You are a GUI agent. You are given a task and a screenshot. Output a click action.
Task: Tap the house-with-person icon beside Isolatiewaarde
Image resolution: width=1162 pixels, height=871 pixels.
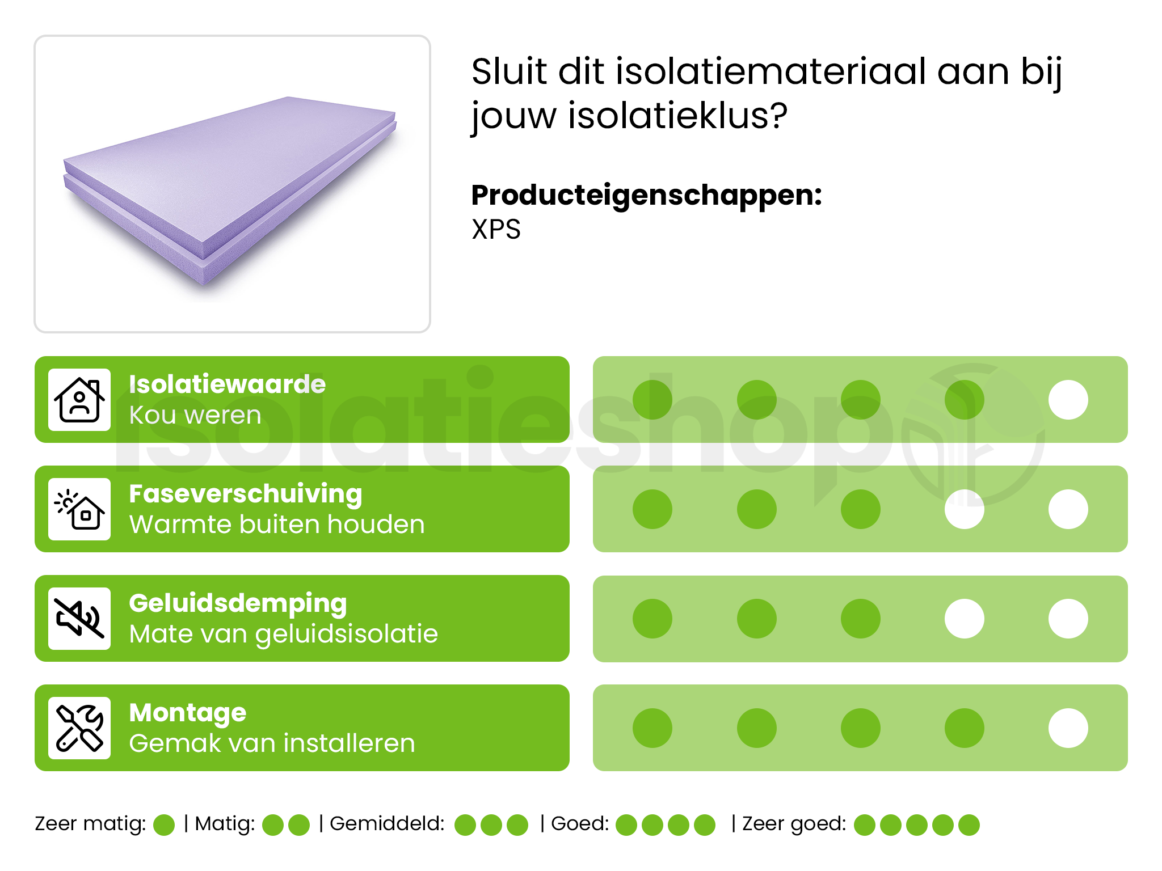click(79, 400)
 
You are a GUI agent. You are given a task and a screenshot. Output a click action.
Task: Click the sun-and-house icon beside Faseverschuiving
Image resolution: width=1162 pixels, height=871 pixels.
click(79, 509)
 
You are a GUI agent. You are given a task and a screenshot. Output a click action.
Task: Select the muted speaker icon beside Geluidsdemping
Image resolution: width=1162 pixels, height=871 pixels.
click(79, 619)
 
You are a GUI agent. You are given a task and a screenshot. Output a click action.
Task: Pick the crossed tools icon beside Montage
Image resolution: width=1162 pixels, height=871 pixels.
click(79, 728)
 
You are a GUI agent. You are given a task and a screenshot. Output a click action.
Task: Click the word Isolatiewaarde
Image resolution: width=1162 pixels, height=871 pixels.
click(227, 384)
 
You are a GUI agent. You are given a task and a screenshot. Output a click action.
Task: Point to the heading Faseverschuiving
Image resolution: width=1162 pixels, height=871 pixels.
click(245, 494)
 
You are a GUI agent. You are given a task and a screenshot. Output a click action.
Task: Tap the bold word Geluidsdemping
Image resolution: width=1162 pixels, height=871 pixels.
click(238, 603)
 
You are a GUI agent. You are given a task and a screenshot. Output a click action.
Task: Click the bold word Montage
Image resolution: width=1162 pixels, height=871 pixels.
click(187, 713)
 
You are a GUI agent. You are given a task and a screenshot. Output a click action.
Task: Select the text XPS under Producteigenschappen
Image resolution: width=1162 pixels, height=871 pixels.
click(496, 230)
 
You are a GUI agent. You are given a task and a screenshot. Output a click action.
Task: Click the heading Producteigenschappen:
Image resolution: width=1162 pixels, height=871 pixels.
click(646, 195)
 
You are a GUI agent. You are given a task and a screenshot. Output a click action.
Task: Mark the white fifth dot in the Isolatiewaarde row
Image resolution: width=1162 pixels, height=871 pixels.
click(1068, 400)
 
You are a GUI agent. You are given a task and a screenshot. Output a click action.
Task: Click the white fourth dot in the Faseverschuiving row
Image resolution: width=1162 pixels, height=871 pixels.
click(964, 509)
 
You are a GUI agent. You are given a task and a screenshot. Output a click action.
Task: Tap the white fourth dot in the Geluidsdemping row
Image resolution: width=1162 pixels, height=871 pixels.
click(964, 619)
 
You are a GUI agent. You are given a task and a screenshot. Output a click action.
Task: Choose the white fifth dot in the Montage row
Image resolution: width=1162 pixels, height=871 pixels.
click(1068, 728)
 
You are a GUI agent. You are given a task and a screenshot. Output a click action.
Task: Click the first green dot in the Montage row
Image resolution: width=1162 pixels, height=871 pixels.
click(652, 728)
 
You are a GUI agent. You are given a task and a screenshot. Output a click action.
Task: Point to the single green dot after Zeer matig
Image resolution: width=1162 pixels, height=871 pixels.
click(164, 825)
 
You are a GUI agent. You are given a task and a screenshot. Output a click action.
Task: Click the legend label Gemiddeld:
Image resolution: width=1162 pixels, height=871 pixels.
click(387, 823)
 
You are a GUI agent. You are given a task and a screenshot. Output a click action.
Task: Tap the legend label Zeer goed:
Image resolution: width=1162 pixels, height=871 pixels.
click(794, 823)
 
